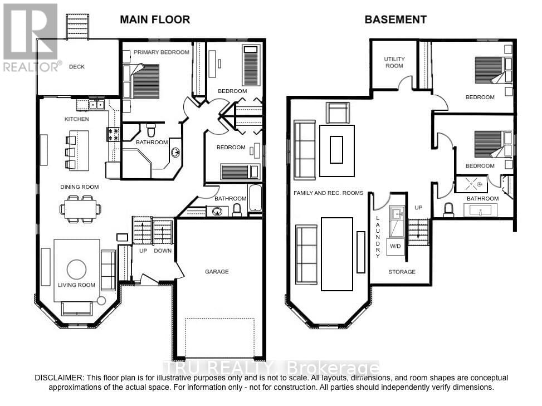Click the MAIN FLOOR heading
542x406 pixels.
pos(155,19)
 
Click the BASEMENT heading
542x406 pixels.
pos(395,19)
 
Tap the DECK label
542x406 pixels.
pos(76,67)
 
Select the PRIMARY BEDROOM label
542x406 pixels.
pos(161,52)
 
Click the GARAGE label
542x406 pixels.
pos(217,272)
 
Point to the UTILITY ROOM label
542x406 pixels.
pos(394,62)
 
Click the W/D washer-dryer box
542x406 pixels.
pos(395,246)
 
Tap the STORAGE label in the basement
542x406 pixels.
pos(402,272)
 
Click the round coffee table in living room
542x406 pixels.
pos(76,270)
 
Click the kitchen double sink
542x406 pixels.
pos(96,104)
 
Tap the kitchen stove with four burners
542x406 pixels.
pos(113,134)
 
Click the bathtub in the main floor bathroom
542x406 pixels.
pos(255,198)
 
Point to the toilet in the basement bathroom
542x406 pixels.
pos(448,210)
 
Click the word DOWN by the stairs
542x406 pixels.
pos(163,251)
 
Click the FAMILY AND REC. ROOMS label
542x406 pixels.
pos(329,193)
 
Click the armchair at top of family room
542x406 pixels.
pos(338,112)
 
